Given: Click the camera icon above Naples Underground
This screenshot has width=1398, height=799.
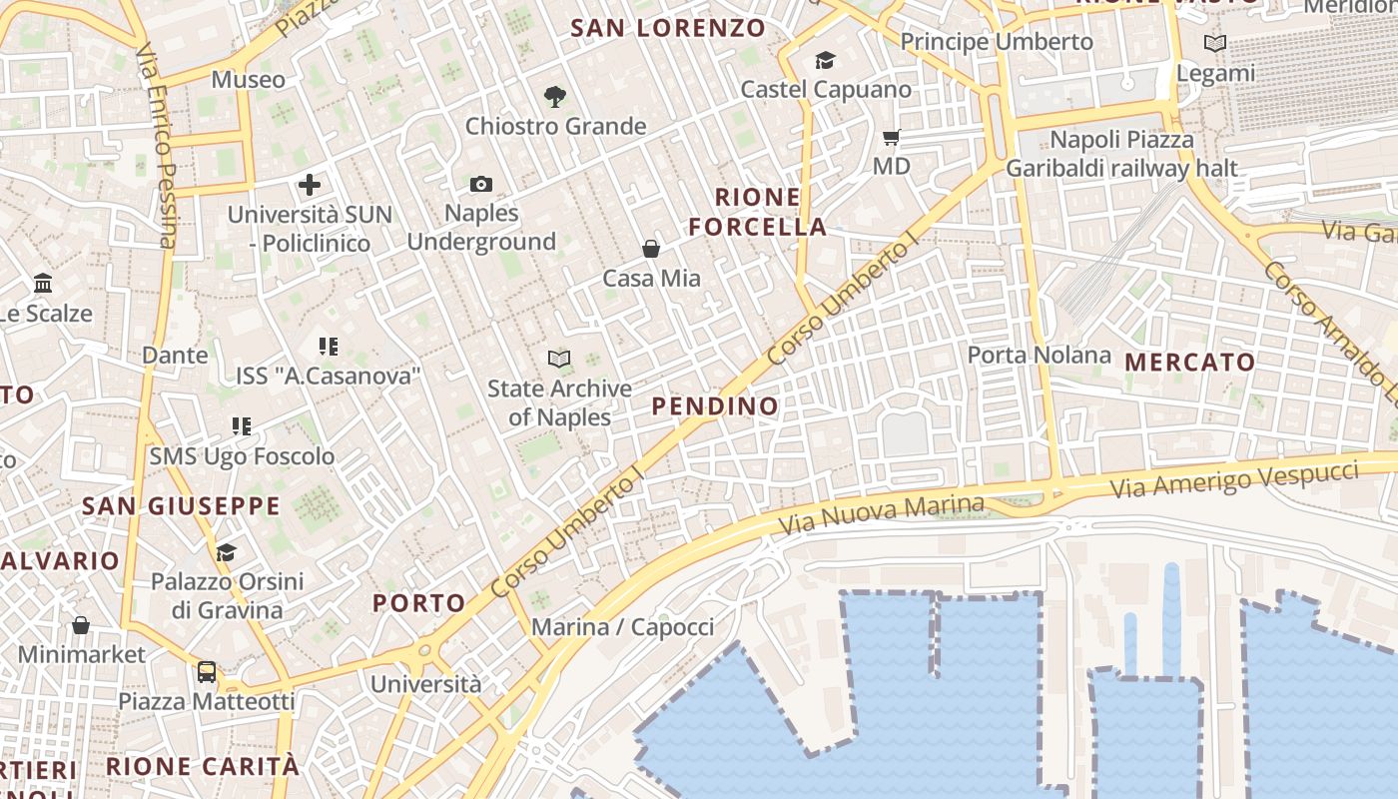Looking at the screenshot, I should click(481, 184).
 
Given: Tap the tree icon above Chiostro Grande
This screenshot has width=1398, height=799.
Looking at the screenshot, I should click(555, 96).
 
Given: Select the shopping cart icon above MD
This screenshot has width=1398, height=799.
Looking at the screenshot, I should click(891, 137).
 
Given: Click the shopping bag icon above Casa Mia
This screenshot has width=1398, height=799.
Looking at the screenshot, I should click(651, 248).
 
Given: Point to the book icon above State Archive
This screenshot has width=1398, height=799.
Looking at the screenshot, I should click(559, 359).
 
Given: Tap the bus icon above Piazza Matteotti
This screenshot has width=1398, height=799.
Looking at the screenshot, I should click(207, 671).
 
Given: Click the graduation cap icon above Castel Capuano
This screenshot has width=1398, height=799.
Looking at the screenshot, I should click(825, 61).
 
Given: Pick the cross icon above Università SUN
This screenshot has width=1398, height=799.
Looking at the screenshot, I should click(310, 184).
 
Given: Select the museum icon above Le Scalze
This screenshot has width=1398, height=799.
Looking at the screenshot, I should click(43, 284).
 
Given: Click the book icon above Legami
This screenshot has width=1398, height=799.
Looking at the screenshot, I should click(1215, 44).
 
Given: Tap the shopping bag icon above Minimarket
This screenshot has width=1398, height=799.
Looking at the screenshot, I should click(81, 625).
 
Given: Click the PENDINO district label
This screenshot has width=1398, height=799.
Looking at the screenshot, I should click(715, 405).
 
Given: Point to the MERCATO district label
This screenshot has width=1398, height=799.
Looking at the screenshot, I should click(1190, 362).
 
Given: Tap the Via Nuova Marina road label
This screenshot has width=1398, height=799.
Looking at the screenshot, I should click(882, 513).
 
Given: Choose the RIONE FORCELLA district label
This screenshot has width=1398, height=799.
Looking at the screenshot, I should click(758, 212).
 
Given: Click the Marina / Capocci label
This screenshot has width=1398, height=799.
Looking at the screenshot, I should click(622, 627).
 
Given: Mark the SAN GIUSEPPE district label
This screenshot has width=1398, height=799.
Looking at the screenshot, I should click(181, 505).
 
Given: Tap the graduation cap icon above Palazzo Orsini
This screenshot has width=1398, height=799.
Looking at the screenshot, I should click(227, 552).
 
